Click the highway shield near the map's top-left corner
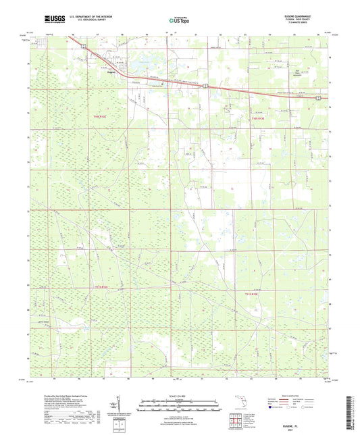click(84, 47)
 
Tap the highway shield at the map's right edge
click(318, 98)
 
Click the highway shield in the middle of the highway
click(205, 85)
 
